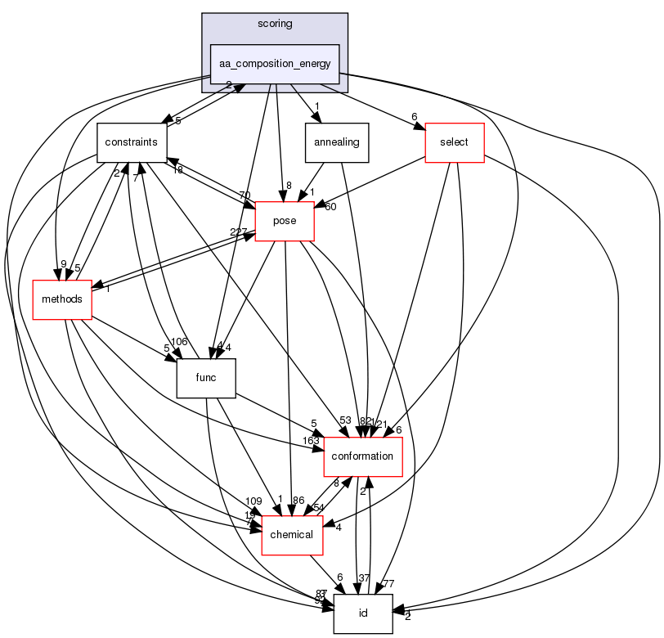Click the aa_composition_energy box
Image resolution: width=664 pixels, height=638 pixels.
(x=275, y=64)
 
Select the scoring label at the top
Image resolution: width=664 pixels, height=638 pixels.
(x=275, y=24)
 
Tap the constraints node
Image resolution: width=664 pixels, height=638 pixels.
(x=131, y=142)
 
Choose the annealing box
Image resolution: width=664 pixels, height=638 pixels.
(x=337, y=142)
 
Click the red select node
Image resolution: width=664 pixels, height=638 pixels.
(x=454, y=142)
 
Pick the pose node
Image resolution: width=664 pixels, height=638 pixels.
(x=285, y=221)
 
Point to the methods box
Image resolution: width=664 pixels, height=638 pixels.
(x=62, y=299)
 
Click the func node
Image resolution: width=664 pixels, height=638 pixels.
(x=207, y=378)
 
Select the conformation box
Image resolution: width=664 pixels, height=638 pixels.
(x=363, y=456)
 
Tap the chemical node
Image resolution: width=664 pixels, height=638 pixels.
(x=291, y=534)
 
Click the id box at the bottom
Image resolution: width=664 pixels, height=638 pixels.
(x=363, y=613)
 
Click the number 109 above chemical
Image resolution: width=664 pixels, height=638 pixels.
(x=253, y=501)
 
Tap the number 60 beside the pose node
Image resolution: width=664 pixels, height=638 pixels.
(x=330, y=206)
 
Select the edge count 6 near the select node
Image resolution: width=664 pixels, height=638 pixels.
(x=415, y=115)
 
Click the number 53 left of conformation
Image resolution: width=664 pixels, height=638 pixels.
(x=345, y=420)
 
